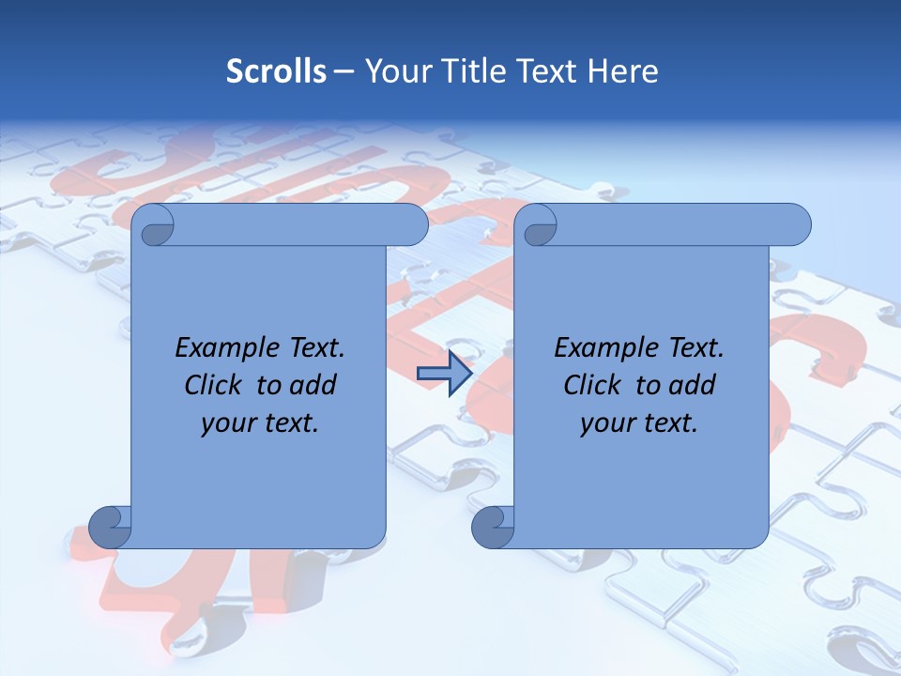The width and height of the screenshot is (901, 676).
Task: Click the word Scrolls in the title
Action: [x=276, y=71]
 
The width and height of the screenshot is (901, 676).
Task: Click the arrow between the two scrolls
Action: [x=444, y=373]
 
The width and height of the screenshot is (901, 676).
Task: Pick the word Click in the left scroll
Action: [x=212, y=386]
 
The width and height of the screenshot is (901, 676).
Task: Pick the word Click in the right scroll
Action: [x=591, y=386]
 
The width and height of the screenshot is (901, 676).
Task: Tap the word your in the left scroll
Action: [x=230, y=423]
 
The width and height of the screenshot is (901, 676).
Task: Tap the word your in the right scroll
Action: [x=609, y=423]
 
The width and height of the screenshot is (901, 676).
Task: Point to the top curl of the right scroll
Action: [x=538, y=226]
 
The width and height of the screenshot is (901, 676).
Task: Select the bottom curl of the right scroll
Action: [x=494, y=527]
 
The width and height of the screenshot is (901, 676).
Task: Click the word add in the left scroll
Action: [x=314, y=386]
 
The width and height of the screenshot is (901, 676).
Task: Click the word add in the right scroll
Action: [x=694, y=386]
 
